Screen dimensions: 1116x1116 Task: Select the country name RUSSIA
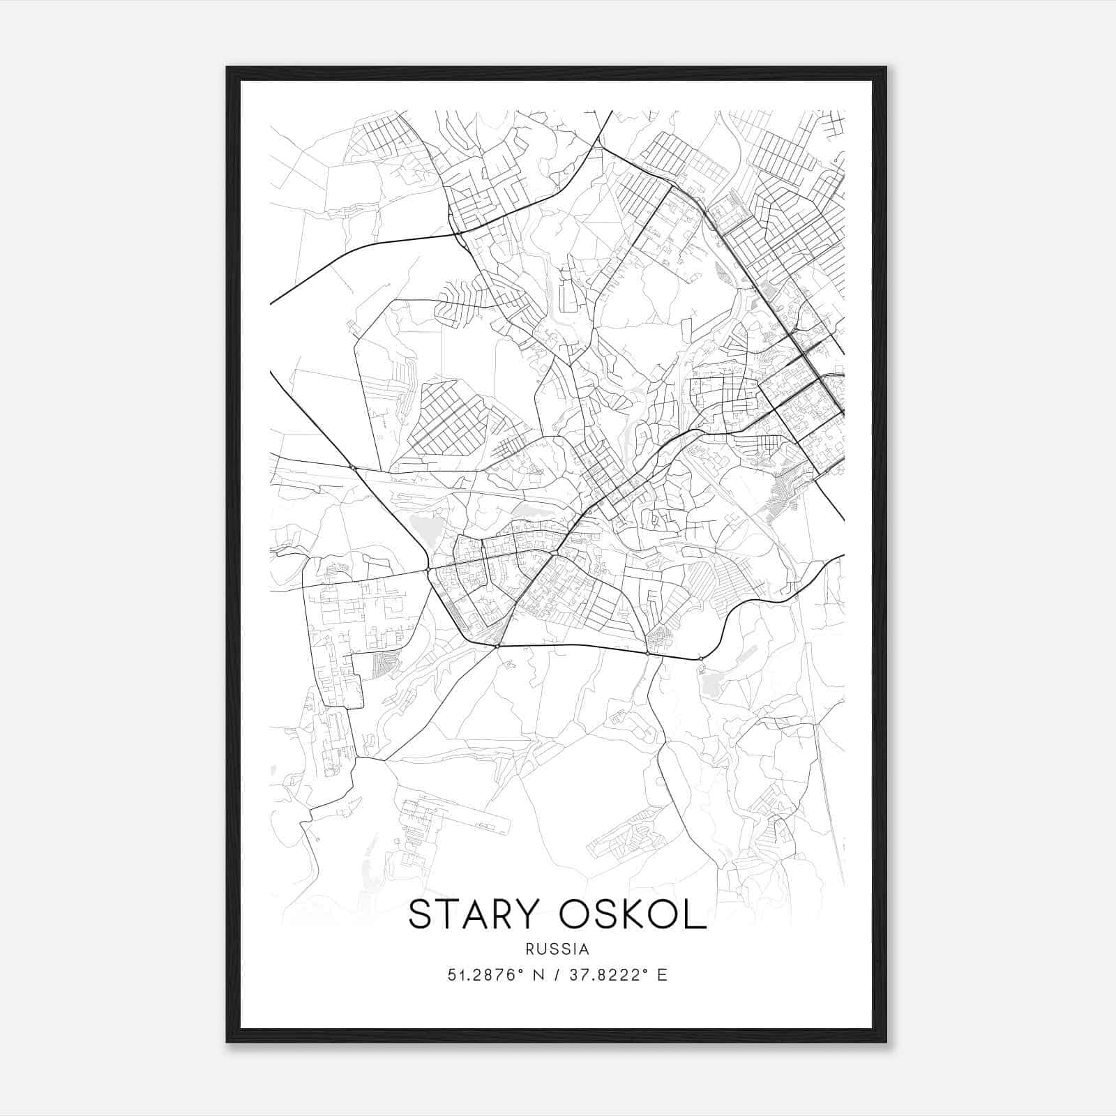point(557,949)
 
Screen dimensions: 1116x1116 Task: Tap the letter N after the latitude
point(538,975)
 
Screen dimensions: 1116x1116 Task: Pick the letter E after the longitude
point(662,975)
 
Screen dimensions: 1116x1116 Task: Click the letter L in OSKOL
point(696,915)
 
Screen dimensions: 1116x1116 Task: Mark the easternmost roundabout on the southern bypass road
point(700,658)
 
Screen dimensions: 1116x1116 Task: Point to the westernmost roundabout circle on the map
point(354,467)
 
